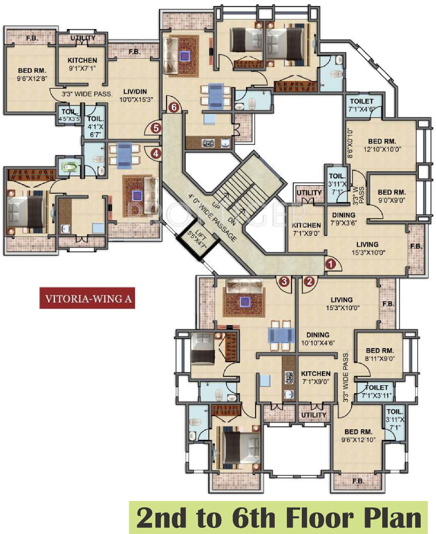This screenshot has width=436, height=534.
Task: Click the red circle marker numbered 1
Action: click(330, 264)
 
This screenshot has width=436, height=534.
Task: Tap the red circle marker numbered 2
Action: click(308, 281)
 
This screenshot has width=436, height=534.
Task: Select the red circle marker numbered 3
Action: click(284, 281)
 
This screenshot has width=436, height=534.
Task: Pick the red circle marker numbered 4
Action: click(156, 153)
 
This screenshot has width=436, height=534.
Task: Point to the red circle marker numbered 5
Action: click(156, 128)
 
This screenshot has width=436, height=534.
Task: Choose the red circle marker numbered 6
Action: click(174, 108)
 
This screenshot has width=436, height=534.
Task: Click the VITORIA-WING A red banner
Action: click(87, 298)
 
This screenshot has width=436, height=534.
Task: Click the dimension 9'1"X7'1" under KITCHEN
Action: click(82, 68)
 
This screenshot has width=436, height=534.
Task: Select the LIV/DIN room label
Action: click(135, 92)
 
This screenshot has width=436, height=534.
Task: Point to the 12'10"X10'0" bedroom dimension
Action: click(382, 149)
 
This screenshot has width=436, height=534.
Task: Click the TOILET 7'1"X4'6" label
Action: click(362, 105)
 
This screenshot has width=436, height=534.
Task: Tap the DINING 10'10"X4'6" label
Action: click(318, 339)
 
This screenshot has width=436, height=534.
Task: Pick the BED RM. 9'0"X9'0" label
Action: click(391, 196)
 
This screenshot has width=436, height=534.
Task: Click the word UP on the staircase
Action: click(216, 204)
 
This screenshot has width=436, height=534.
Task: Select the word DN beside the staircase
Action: click(232, 221)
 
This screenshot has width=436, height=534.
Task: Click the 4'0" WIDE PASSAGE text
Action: click(212, 218)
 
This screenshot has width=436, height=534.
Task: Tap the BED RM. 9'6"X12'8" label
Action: click(32, 75)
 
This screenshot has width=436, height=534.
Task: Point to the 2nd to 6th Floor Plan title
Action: click(279, 518)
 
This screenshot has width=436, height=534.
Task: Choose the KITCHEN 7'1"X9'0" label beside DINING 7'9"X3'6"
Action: click(306, 229)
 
